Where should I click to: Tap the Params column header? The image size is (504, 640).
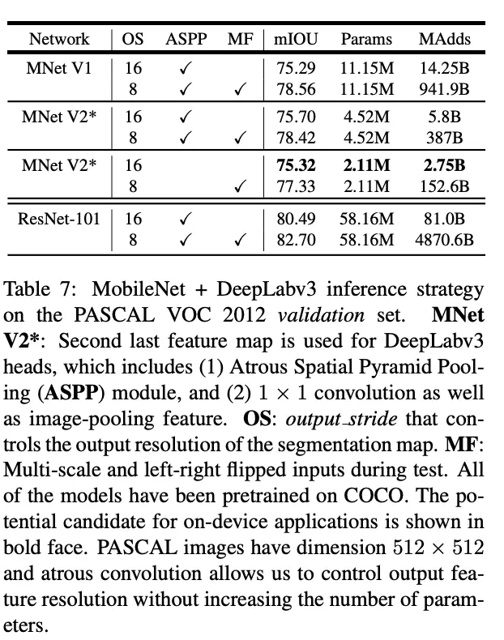tap(365, 39)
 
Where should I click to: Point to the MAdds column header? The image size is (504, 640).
tap(444, 39)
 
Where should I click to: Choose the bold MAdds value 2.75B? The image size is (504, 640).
tap(444, 166)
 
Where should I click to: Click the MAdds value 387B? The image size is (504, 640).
tap(444, 137)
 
